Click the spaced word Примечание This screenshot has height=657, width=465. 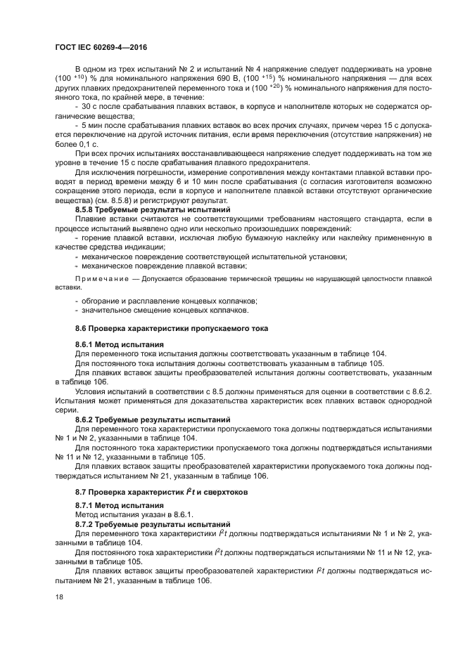tap(98, 279)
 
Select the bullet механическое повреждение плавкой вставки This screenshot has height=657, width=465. tap(163, 266)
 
